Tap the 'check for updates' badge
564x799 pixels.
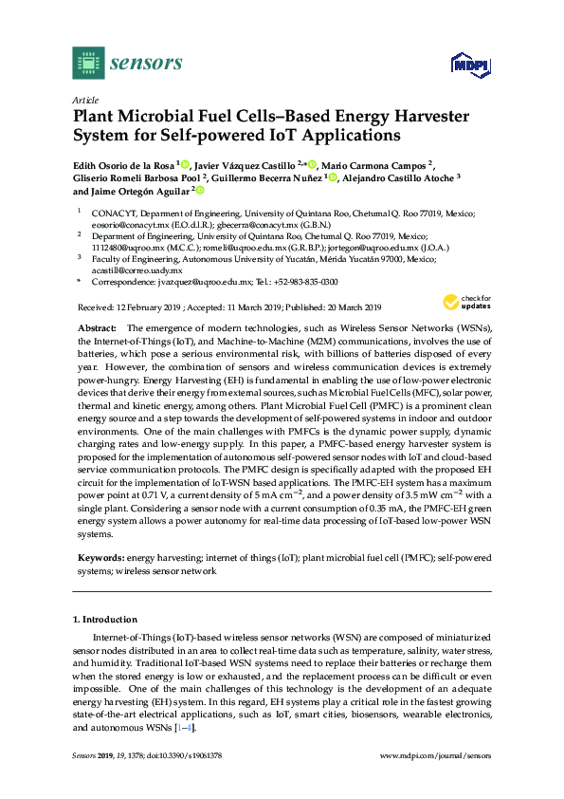pyautogui.click(x=464, y=303)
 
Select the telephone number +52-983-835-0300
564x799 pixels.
pyautogui.click(x=309, y=283)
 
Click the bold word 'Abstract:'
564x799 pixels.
pyautogui.click(x=96, y=327)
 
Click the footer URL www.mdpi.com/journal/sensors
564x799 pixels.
pyautogui.click(x=435, y=756)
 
